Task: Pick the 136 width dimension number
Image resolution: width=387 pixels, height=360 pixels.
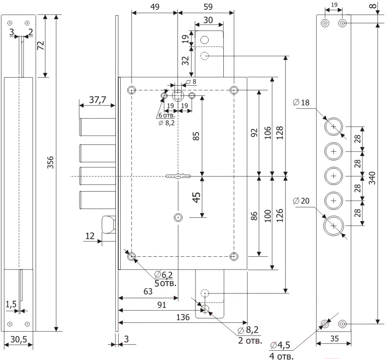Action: point(182,317)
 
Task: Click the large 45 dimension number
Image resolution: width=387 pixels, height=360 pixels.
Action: point(196,198)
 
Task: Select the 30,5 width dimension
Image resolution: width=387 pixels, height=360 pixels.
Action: point(18,338)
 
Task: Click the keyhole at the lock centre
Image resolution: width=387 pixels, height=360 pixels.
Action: point(178,176)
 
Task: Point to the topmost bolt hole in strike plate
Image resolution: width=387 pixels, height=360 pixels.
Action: point(334,127)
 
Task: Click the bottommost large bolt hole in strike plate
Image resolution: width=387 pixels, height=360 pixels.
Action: point(334,225)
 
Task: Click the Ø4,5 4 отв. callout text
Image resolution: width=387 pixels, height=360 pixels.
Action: point(281,351)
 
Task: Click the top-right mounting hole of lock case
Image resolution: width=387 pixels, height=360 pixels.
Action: point(235,90)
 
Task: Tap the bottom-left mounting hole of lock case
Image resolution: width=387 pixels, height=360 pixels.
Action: point(131,256)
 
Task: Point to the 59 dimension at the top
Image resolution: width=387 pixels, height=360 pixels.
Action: point(207,7)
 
